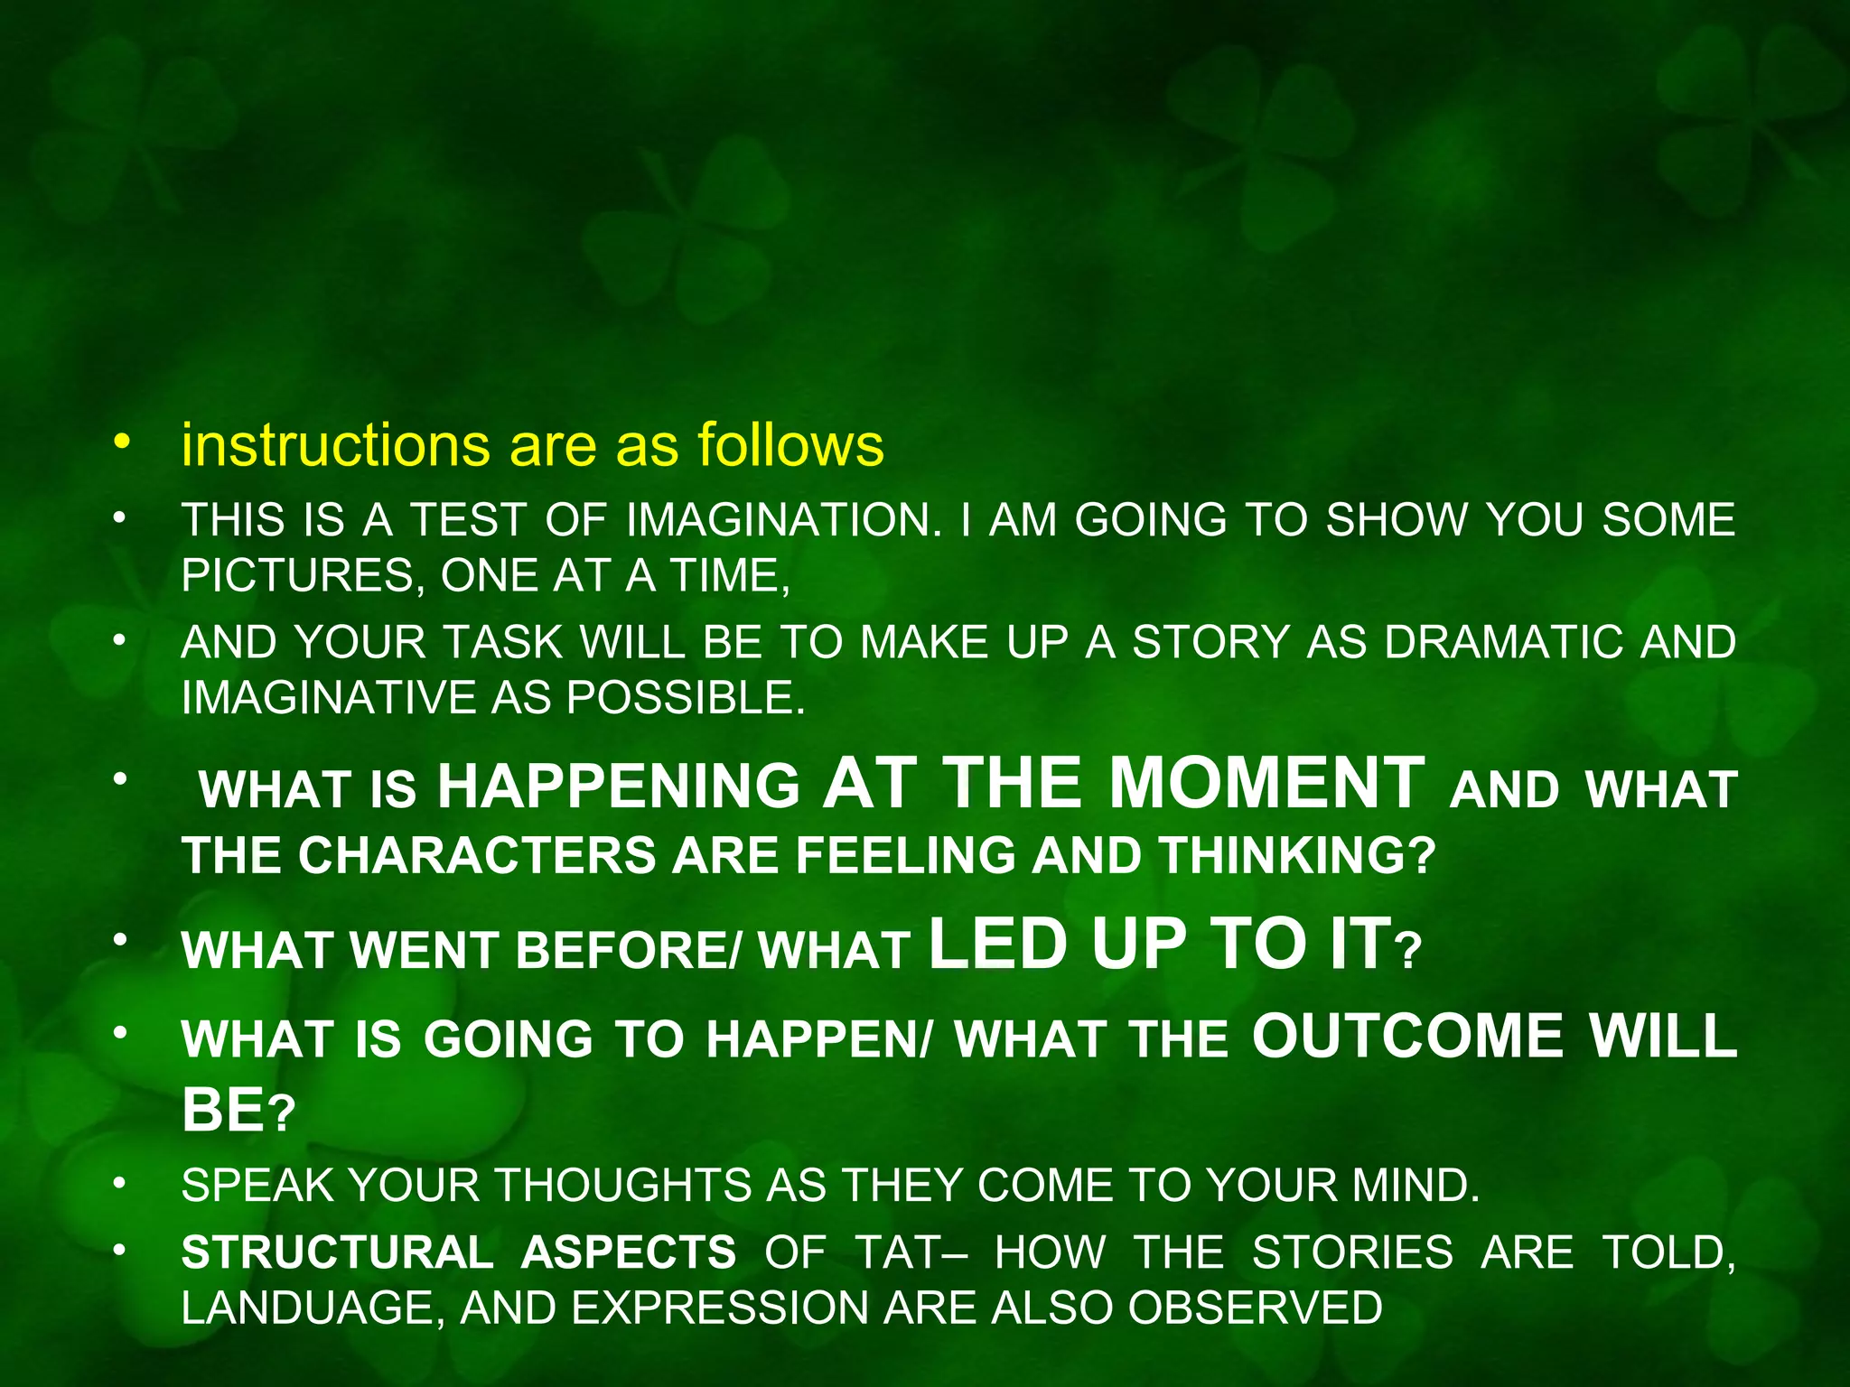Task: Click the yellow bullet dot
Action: [122, 442]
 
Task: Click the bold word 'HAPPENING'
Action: [619, 786]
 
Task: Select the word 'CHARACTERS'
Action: [477, 855]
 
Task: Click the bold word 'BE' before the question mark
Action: [223, 1109]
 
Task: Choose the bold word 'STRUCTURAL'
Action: [337, 1253]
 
